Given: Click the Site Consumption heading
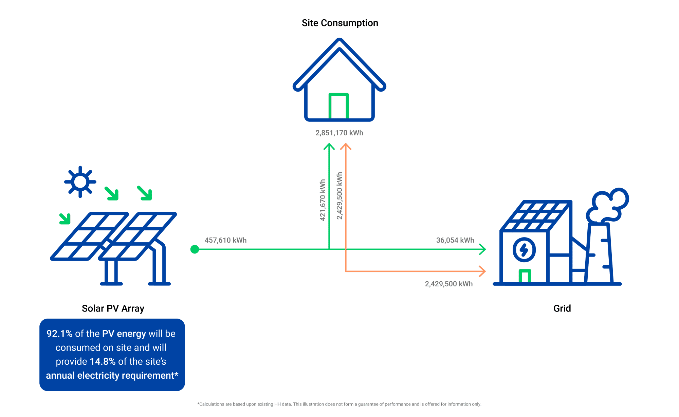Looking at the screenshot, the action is point(340,23).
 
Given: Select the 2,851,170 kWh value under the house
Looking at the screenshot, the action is point(339,133).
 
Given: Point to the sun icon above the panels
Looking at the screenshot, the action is point(80,182).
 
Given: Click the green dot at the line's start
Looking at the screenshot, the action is point(195,249).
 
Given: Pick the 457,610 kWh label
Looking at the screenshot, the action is point(225,240).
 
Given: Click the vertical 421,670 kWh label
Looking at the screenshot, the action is point(323,200).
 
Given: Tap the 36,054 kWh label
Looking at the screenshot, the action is point(455,240).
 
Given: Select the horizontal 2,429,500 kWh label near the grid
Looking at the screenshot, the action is point(449,284).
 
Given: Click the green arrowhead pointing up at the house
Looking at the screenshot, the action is point(329,146).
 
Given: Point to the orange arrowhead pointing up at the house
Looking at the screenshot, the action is point(346,146).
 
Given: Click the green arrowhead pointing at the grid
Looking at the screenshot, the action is point(482,249).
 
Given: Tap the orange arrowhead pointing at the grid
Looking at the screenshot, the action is point(482,271).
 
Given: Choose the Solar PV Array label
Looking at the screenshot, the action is point(113,308).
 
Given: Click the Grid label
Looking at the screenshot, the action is point(562,308).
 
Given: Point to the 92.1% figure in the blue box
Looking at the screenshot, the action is point(59,334).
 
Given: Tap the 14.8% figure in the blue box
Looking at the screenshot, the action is point(103,361).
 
